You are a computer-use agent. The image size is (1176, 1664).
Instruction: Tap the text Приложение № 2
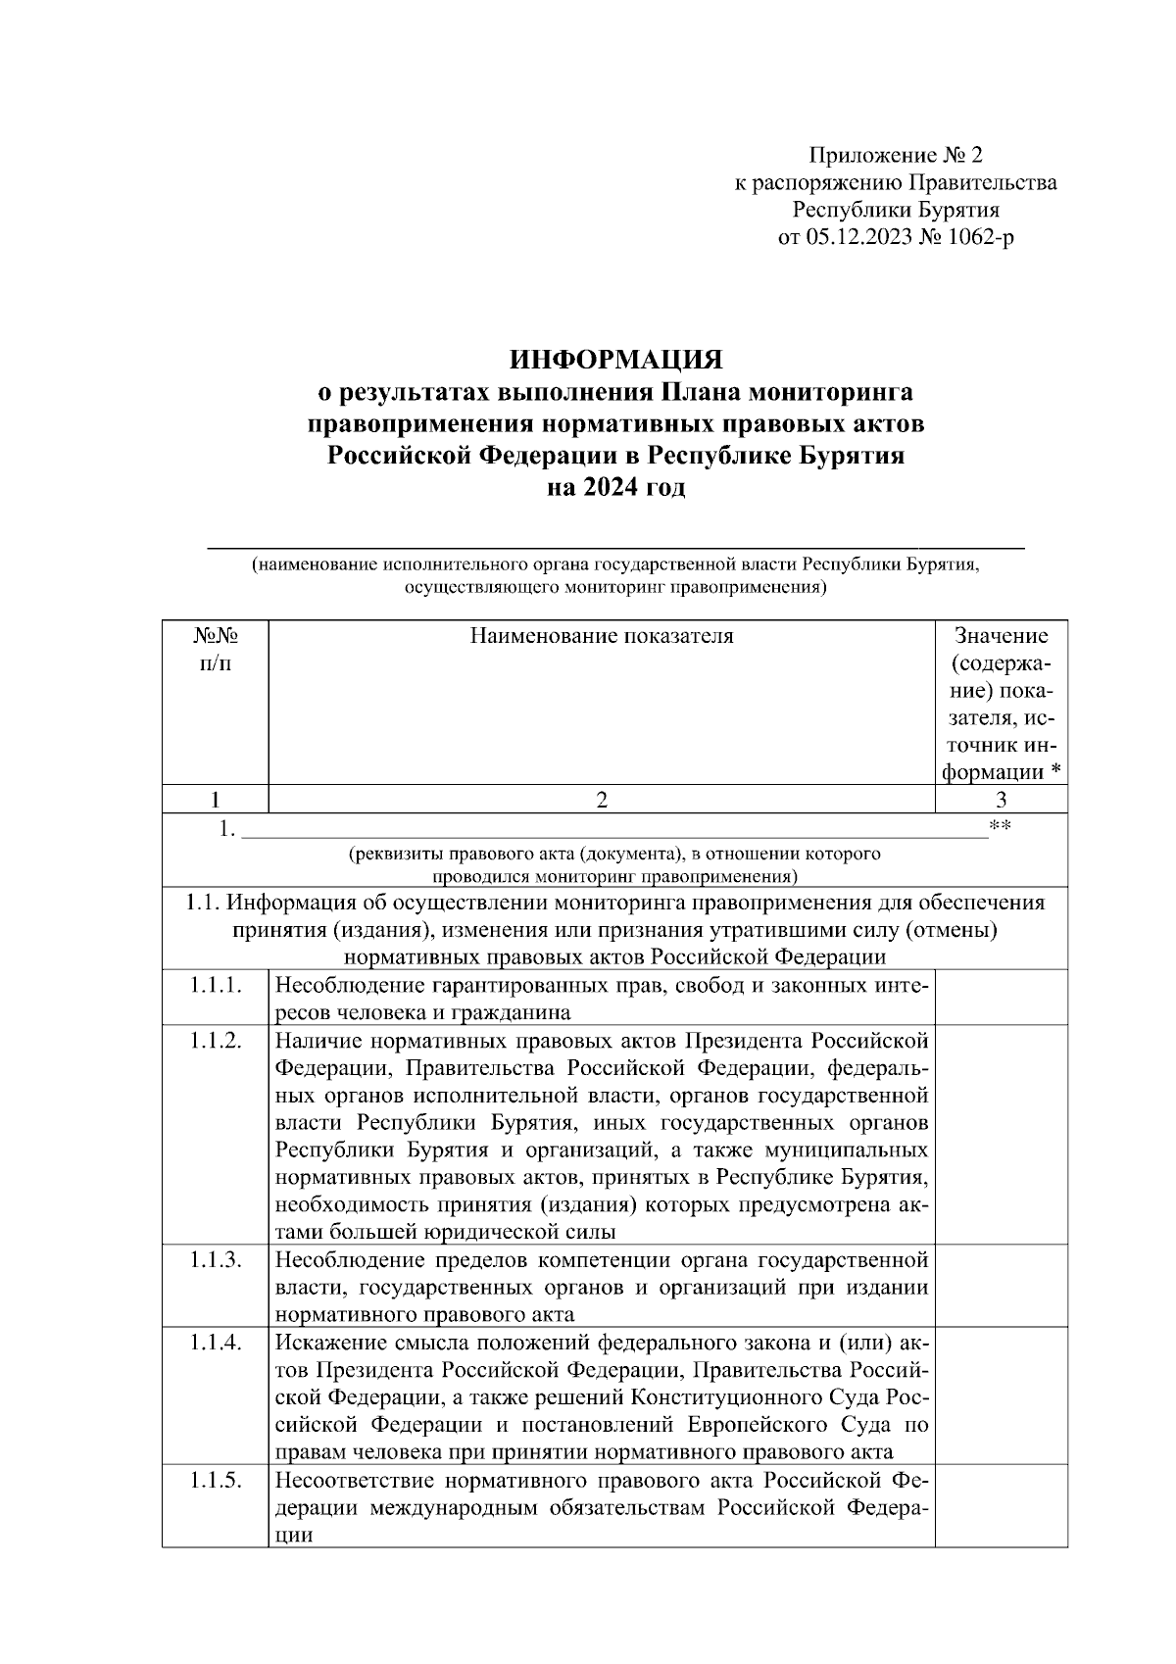tap(895, 155)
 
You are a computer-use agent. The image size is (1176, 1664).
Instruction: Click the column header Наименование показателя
tap(601, 636)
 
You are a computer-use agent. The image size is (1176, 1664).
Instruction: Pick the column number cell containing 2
tap(601, 800)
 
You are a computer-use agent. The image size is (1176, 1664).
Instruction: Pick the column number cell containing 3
tap(1001, 800)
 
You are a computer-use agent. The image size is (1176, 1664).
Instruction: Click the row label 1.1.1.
tap(215, 984)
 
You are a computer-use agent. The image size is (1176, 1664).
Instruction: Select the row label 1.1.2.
tap(215, 1040)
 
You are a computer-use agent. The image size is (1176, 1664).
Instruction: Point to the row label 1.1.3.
tap(215, 1259)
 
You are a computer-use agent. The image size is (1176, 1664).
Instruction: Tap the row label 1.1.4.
tap(215, 1342)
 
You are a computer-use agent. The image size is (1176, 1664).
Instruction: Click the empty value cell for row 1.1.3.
tap(1001, 1286)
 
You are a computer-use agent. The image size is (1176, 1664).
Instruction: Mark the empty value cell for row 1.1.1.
tap(1001, 998)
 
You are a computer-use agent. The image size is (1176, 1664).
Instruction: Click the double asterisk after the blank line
tap(1000, 827)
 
